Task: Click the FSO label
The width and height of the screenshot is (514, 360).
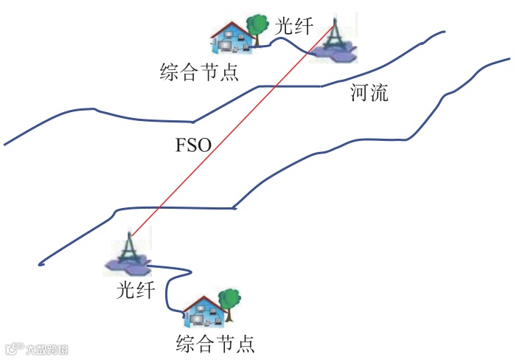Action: point(194,145)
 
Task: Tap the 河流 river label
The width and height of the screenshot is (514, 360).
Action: point(369,94)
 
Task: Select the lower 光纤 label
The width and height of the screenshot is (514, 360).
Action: point(136,290)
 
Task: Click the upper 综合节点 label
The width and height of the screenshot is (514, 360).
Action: point(199,72)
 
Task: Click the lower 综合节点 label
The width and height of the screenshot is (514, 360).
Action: point(215,344)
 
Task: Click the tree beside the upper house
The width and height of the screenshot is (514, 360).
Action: point(257,27)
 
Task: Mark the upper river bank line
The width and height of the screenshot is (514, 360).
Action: point(147,118)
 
